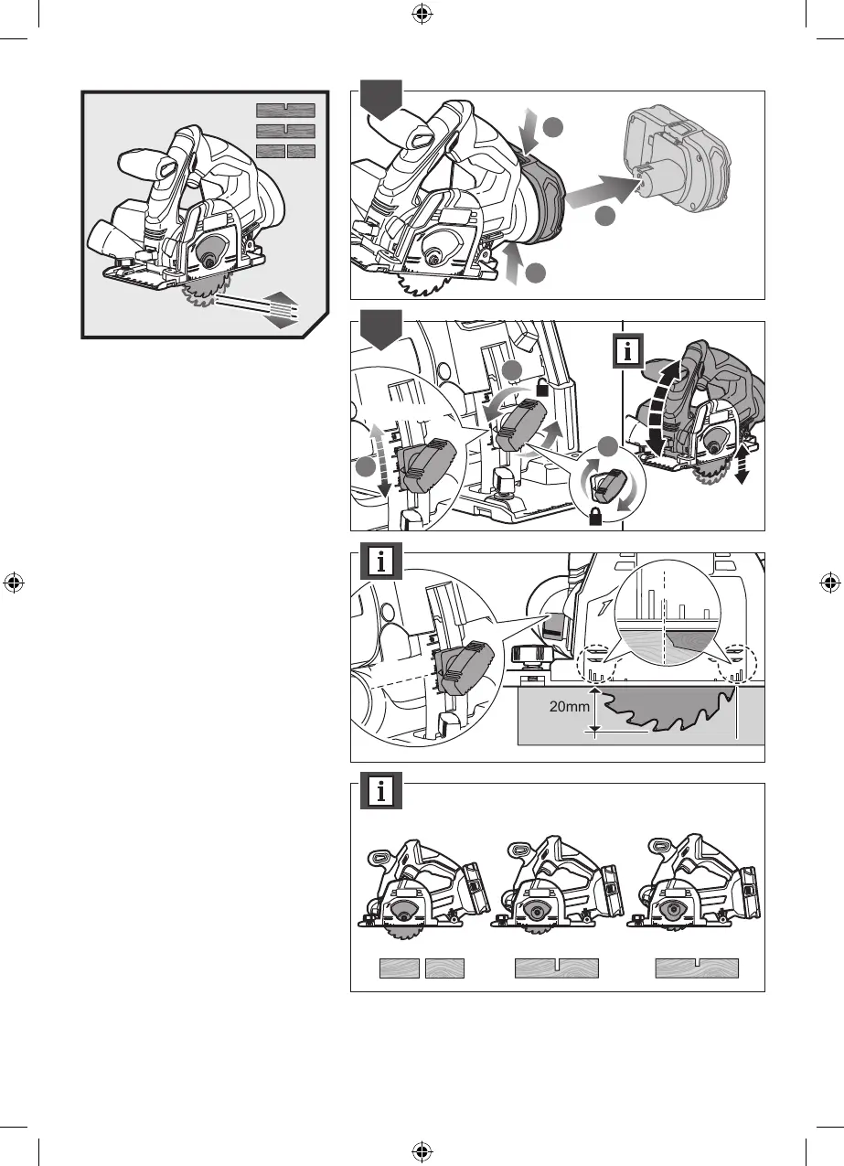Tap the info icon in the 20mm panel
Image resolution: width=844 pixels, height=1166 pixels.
pyautogui.click(x=381, y=562)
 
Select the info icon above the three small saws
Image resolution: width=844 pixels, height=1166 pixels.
pyautogui.click(x=381, y=793)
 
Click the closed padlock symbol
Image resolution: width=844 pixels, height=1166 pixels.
pyautogui.click(x=596, y=519)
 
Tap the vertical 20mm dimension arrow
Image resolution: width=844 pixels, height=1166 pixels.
pyautogui.click(x=595, y=711)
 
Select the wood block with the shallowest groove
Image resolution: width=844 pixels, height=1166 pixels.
pyautogui.click(x=697, y=969)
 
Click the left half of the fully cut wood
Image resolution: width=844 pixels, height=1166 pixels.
pyautogui.click(x=400, y=969)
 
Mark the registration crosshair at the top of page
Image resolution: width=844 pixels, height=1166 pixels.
pyautogui.click(x=421, y=14)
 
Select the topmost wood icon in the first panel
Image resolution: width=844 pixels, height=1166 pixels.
pyautogui.click(x=285, y=110)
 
